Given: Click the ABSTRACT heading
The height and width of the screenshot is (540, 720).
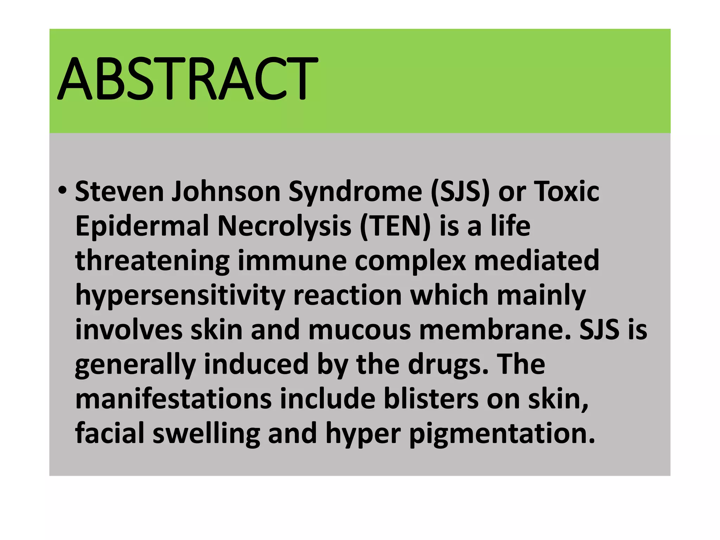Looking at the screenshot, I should pos(188,78).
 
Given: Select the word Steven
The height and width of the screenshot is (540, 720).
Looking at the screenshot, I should pos(119,192).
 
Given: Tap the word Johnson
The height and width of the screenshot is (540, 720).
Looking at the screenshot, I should pos(226,192).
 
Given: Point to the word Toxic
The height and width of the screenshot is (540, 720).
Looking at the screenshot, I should pos(566,192).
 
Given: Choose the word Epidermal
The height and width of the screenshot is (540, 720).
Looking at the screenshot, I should pos(142,226).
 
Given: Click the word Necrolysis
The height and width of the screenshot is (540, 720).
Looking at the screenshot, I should pos(284,226).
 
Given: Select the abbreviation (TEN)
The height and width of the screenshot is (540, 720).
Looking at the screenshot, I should pos(395,226).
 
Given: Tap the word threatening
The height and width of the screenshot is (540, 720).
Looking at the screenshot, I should pos(152,261).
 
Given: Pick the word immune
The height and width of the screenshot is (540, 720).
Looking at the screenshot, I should pos(292,261).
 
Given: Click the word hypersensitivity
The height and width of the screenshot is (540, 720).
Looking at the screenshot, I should pos(180,295).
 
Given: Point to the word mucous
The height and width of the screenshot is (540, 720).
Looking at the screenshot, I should pos(359,330).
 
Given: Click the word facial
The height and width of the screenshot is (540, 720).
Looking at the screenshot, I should pos(110,433).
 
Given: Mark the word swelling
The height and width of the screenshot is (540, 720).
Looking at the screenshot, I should pos(206,433).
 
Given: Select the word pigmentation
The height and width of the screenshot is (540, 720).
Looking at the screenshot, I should pos(502,433).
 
